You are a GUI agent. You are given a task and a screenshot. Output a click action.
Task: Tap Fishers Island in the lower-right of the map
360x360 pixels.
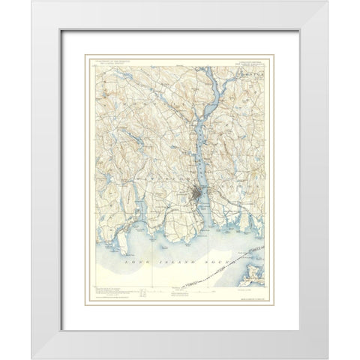[x=258, y=262]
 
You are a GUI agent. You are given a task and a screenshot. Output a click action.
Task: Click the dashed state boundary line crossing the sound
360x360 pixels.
[x=211, y=275]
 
